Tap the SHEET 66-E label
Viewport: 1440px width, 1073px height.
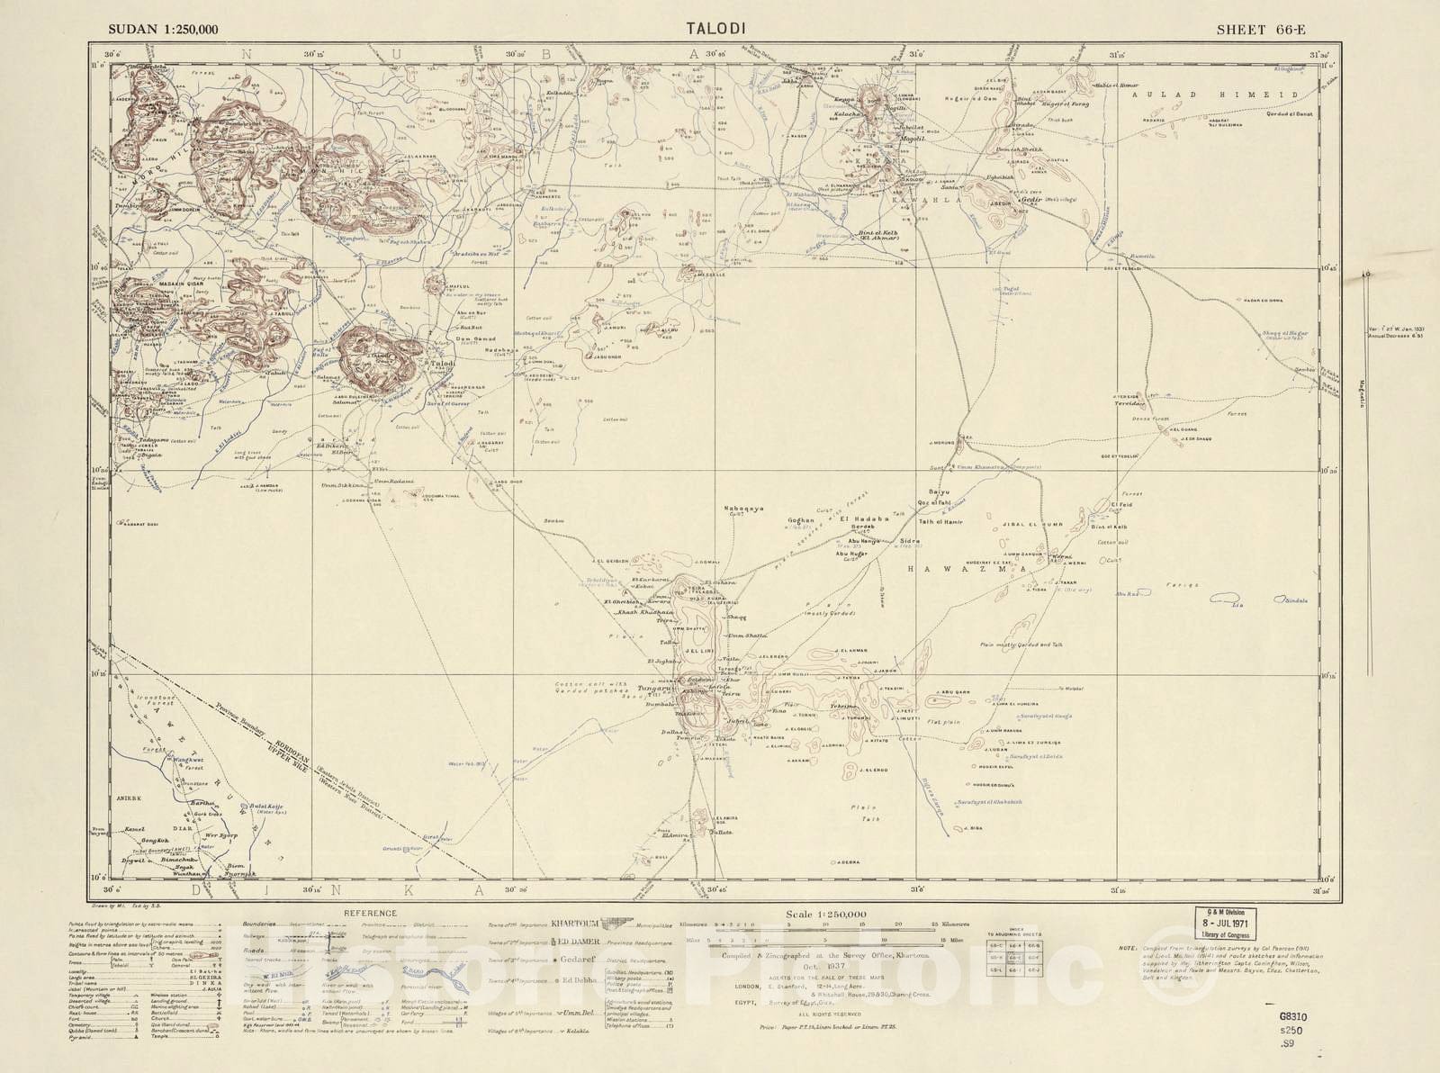tap(1260, 29)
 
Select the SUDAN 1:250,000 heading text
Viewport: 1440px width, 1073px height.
tap(163, 29)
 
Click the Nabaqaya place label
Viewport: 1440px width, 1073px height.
tap(744, 509)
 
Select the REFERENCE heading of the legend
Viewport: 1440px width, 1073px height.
tap(370, 913)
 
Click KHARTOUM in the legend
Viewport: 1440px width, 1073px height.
tap(576, 924)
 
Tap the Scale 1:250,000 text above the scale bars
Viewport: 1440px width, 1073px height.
tap(825, 914)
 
